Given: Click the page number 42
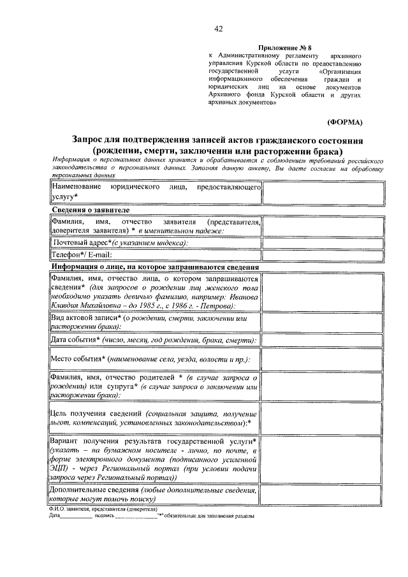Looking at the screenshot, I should point(219,29).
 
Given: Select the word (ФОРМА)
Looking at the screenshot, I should point(344,121).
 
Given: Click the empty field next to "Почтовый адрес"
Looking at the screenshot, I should point(323,243).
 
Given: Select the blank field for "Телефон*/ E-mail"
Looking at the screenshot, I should point(323,255).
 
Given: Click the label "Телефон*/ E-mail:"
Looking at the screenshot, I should point(82,255).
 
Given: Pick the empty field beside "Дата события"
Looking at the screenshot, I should point(323,340).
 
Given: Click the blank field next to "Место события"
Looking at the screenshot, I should point(323,360).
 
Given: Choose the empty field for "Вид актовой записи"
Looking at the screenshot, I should point(323,322).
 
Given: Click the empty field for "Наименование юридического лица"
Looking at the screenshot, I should point(323,193).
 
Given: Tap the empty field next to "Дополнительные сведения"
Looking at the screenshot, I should point(323,495).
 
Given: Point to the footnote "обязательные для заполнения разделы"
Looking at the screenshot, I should point(210,516).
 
